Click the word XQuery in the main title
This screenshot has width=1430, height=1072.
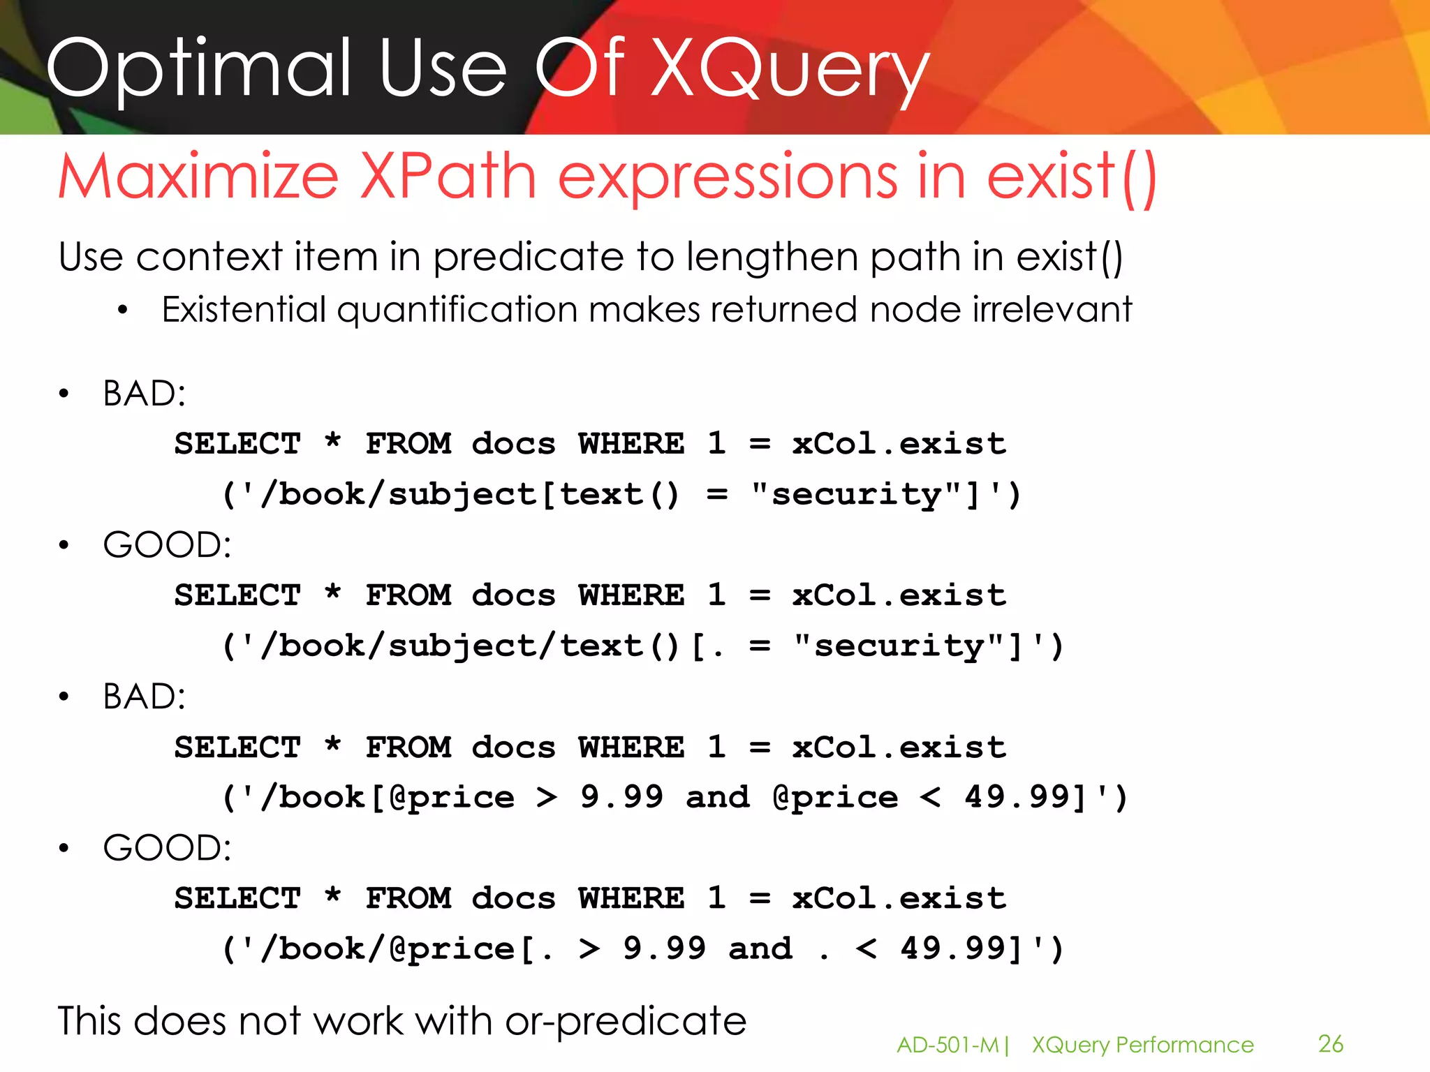(x=789, y=70)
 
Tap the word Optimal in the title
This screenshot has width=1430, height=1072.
(x=199, y=70)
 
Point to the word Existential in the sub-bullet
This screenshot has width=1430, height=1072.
(x=244, y=309)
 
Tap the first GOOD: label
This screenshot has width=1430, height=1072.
(x=167, y=545)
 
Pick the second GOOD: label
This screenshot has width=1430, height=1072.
(x=167, y=849)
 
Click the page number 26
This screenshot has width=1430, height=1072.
(x=1330, y=1044)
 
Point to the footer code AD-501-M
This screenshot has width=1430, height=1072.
(x=948, y=1045)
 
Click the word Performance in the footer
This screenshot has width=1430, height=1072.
(x=1185, y=1045)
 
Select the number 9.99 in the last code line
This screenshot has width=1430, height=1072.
(x=664, y=949)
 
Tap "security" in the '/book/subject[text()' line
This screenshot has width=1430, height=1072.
(x=857, y=495)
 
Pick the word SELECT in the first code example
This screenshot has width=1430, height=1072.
(x=237, y=444)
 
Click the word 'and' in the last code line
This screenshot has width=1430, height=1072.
(x=760, y=949)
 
